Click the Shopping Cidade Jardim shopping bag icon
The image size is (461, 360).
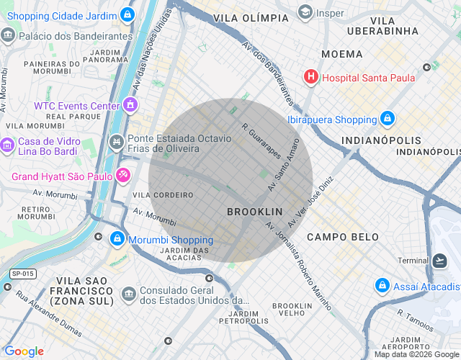coord(127,14)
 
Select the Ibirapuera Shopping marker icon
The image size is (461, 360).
coord(388,119)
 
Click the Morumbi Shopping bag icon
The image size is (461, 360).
coord(117,238)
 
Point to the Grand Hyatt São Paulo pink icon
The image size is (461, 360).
coord(123,175)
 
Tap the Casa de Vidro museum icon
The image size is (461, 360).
coord(7,146)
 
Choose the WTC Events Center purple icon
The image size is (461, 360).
coord(130,106)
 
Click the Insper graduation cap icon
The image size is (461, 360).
coord(305,12)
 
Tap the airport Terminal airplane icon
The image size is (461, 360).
coord(439,260)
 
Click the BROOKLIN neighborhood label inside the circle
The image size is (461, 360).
coord(254,212)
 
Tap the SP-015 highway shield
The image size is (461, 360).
coord(22,274)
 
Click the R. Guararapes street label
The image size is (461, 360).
coord(261,141)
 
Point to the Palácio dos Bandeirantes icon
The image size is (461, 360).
coord(8,35)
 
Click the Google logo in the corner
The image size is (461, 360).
coord(24,351)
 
